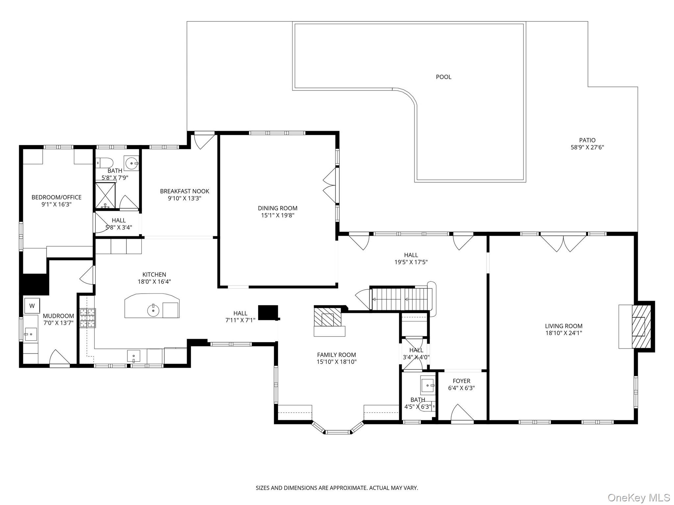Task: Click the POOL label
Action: point(443,77)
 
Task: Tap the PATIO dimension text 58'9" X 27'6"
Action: point(587,148)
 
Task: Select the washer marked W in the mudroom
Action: point(32,306)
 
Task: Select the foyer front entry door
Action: point(462,413)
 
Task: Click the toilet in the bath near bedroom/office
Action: point(104,162)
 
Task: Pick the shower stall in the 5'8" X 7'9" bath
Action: point(105,195)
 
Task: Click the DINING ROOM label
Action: point(277,208)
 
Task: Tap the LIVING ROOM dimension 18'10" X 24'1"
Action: point(563,333)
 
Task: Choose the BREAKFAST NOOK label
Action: point(184,191)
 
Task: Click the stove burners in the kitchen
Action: point(88,318)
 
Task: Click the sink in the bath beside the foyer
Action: point(428,384)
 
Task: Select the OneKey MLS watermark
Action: point(638,497)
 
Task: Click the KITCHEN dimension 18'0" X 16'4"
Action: point(154,282)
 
